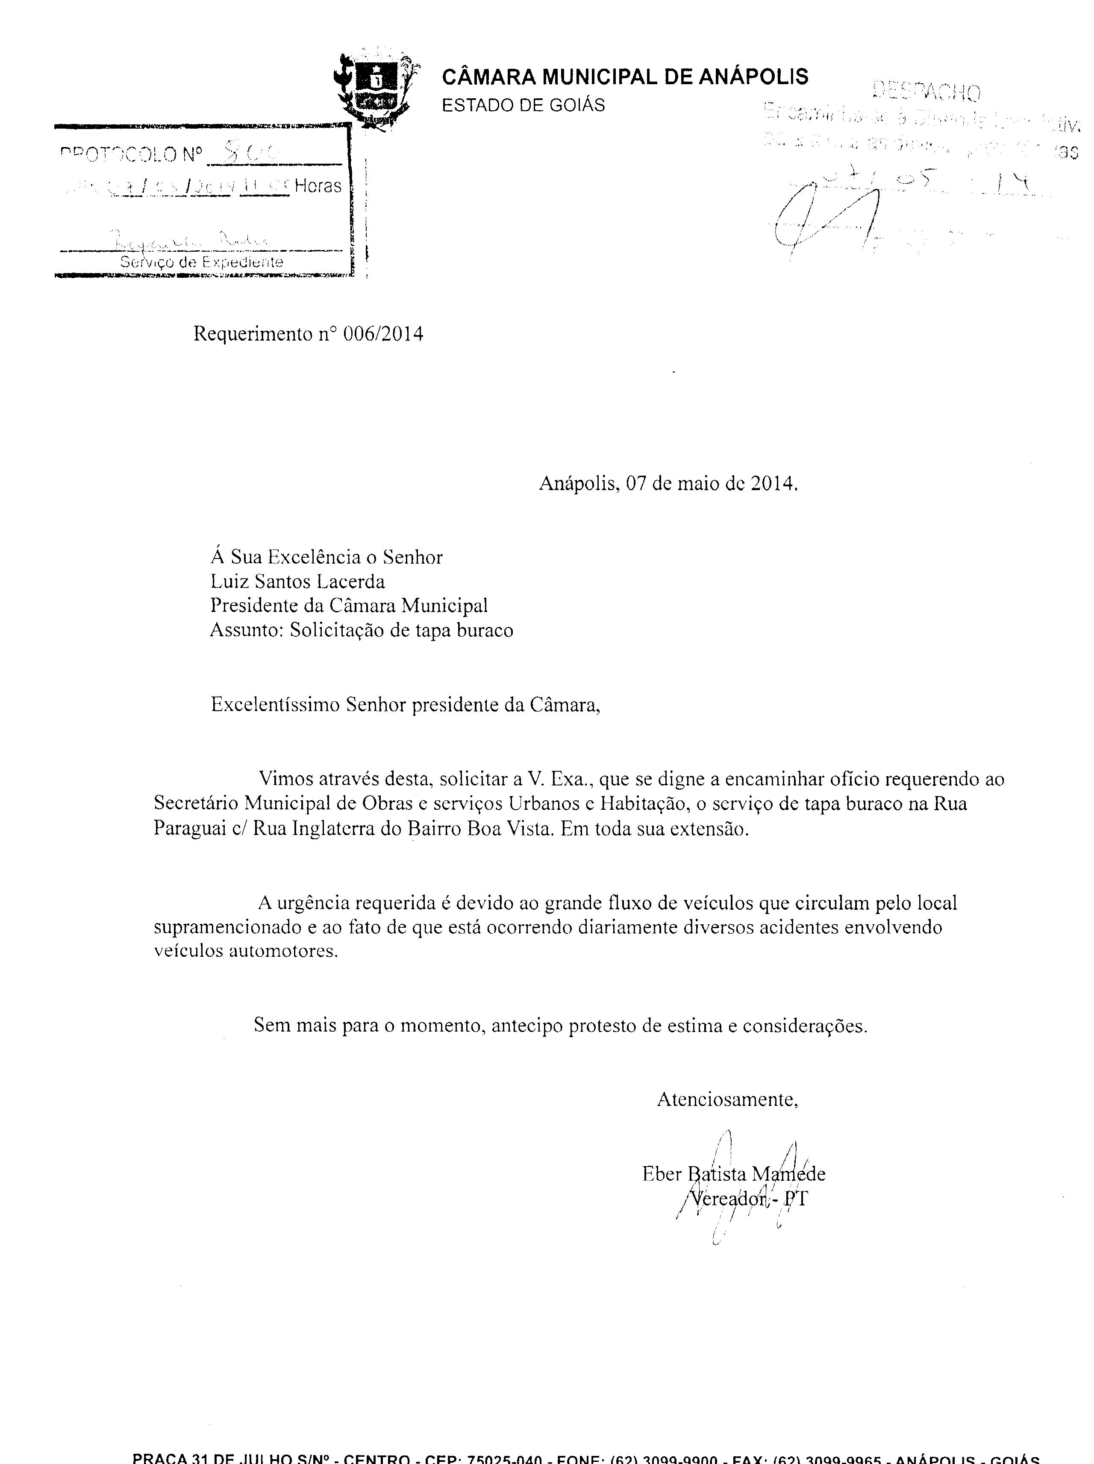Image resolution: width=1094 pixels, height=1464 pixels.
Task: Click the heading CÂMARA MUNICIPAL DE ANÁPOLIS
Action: [x=624, y=77]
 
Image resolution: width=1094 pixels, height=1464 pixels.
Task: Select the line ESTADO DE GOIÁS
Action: [x=523, y=105]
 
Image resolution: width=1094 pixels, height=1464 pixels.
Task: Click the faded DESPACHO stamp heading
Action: [x=926, y=92]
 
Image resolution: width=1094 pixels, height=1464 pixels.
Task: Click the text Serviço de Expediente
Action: [x=201, y=262]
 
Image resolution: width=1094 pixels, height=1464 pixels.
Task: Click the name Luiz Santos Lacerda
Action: [x=297, y=581]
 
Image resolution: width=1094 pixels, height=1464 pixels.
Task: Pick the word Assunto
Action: [x=244, y=629]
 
